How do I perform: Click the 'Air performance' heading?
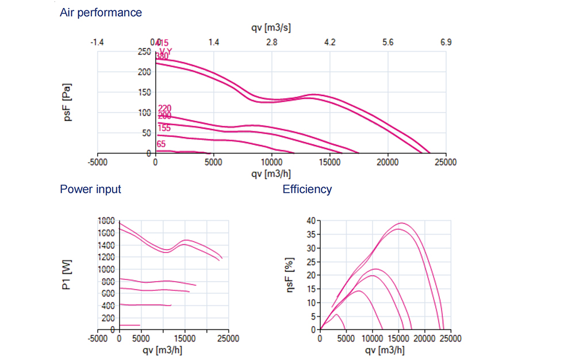coord(101,12)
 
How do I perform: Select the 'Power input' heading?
coord(90,189)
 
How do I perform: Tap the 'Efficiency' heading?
coord(307,189)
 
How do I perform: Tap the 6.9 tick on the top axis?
coord(446,42)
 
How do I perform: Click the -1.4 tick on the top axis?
coord(97,42)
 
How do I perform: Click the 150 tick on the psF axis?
coord(144,93)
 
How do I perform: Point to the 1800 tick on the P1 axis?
coord(106,220)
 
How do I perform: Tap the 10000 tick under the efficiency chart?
coord(372,339)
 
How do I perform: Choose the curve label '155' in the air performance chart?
coord(164,128)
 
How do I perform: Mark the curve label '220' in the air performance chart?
coord(164,108)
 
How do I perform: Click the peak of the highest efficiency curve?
coord(401,223)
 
